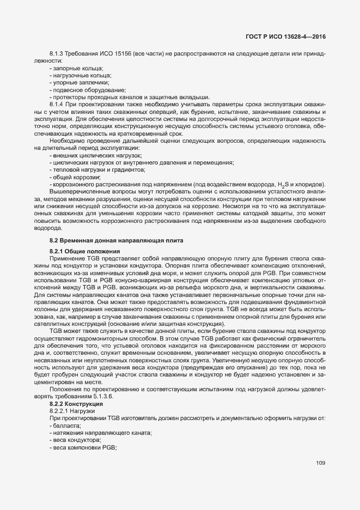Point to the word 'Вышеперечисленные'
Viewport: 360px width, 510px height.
coord(77,193)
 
